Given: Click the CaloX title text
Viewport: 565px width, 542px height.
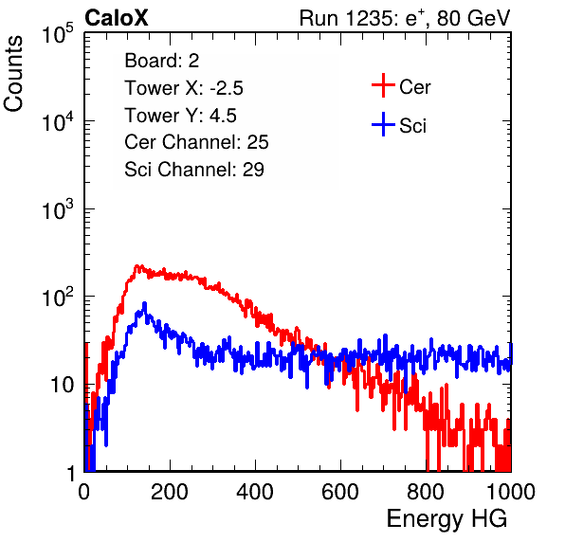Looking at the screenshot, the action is coord(116,17).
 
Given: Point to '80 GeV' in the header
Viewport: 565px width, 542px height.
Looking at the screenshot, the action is coord(473,18).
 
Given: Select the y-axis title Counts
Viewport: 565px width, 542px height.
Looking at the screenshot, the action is coord(13,74).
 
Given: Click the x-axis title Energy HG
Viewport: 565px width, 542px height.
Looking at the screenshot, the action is coord(447,519).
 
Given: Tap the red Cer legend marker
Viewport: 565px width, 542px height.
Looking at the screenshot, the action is coord(383,85).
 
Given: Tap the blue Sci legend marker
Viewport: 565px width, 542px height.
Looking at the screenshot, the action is coord(383,124).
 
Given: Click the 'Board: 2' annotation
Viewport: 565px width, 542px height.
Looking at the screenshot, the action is coord(161,61).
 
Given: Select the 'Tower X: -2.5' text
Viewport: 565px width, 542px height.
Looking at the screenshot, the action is coord(184,88).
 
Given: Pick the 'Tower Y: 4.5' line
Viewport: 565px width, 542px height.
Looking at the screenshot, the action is coord(180,116).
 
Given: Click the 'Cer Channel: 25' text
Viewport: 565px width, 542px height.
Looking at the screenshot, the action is coord(196,142).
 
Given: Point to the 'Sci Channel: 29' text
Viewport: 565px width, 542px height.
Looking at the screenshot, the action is coord(194,170).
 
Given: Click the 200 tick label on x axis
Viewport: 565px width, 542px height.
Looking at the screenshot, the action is coord(170,492).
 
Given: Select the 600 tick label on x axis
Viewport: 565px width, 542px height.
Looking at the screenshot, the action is coord(340,492).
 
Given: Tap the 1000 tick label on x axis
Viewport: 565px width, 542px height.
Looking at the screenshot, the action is coord(511,492).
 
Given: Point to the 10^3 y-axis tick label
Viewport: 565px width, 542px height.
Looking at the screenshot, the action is coord(58,209).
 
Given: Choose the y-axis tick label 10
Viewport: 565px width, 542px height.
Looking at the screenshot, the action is coord(63,386).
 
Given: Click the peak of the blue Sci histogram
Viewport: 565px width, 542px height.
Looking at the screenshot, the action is coord(144,303).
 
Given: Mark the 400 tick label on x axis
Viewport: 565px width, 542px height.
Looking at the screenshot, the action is coord(255,492).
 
